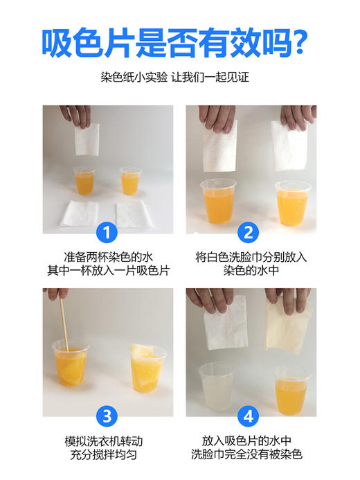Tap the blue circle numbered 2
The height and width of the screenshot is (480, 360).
(251, 231)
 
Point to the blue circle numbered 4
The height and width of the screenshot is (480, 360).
(251, 416)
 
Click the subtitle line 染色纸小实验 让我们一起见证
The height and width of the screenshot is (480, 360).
(179, 78)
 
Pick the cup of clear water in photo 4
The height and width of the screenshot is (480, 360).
(217, 388)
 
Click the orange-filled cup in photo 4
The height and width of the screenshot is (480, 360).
(291, 390)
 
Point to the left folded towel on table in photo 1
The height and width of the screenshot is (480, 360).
(80, 213)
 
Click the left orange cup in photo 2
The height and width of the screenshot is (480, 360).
(218, 201)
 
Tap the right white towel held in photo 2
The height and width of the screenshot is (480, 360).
(289, 145)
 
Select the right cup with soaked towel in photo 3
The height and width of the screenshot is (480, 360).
(148, 368)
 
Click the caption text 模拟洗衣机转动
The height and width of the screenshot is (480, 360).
(106, 441)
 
